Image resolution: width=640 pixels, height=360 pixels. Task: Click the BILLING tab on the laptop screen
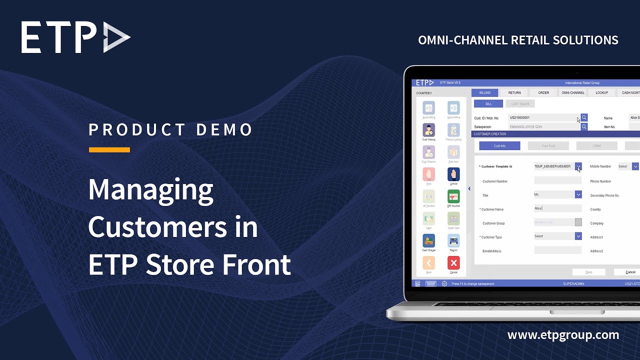click(x=484, y=92)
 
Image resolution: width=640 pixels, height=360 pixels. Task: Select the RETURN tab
click(x=514, y=92)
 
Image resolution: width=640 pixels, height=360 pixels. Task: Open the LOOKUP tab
click(x=601, y=92)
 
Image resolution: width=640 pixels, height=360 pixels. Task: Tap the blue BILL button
click(x=488, y=103)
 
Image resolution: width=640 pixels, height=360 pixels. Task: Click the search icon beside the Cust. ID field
click(x=584, y=118)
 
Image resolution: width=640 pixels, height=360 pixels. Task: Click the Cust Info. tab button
click(x=499, y=146)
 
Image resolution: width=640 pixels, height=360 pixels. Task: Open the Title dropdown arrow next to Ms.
click(x=578, y=194)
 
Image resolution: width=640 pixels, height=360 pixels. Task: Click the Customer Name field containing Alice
click(x=557, y=208)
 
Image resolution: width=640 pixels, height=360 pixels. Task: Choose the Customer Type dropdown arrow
click(x=578, y=236)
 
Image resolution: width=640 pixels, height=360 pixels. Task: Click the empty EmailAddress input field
click(x=557, y=250)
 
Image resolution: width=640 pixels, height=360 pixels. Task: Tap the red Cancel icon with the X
click(x=453, y=263)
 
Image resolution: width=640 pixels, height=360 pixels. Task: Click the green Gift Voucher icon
click(x=453, y=196)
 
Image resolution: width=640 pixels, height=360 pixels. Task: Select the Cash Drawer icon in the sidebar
click(x=428, y=241)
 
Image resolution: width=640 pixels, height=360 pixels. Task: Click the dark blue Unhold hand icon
click(x=453, y=174)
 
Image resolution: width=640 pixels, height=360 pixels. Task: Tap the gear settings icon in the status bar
click(x=444, y=283)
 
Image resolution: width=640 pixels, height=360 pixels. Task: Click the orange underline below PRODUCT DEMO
click(x=109, y=149)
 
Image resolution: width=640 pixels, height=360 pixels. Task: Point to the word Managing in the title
click(x=150, y=190)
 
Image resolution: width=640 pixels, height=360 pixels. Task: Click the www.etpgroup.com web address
click(x=563, y=335)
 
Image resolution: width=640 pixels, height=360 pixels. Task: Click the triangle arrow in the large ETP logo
click(x=116, y=37)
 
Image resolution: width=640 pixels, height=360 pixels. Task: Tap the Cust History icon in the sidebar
click(x=428, y=130)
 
